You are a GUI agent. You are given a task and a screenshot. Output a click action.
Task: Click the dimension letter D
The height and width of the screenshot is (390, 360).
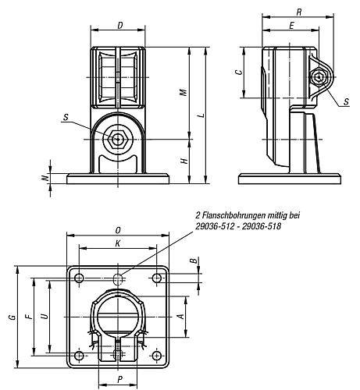(119, 26)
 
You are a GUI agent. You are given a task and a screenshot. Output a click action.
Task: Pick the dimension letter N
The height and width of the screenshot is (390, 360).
(45, 179)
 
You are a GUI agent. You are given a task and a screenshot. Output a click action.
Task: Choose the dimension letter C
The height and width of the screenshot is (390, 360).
(239, 72)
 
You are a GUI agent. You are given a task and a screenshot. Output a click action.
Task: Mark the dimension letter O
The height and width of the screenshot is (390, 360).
(117, 230)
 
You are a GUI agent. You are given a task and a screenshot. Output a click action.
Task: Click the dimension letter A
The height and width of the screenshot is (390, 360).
(181, 317)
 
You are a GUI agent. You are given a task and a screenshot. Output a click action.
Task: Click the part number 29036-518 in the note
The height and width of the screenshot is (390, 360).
(261, 226)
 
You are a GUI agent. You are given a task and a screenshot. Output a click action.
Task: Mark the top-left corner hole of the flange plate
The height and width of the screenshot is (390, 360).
(79, 278)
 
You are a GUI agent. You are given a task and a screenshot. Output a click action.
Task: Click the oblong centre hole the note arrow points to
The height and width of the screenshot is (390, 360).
(118, 278)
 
